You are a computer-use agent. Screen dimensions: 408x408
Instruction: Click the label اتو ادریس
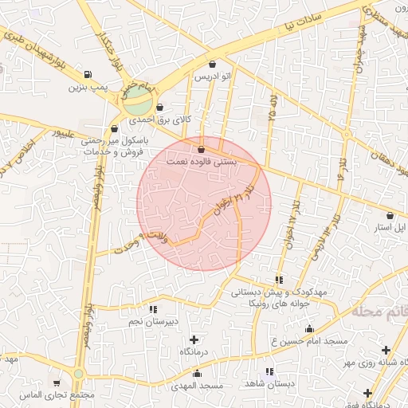[x=213, y=77]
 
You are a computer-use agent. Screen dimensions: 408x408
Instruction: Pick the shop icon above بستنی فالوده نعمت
[x=200, y=149]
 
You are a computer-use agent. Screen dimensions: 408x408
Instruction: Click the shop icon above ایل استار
[x=390, y=215]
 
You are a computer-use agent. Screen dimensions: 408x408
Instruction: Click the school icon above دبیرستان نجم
[x=152, y=309]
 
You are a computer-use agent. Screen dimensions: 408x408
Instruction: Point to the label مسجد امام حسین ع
[x=309, y=341]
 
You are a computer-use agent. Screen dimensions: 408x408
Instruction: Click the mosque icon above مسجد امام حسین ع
[x=309, y=328]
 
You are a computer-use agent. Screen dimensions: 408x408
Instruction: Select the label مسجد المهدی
[x=195, y=386]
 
